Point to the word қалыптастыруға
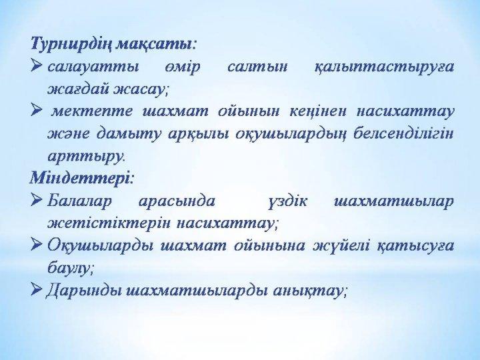click(384, 67)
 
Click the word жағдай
click(78, 89)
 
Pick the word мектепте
click(92, 111)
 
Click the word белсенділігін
click(403, 134)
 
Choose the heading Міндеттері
click(81, 178)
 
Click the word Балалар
click(79, 201)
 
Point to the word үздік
click(287, 202)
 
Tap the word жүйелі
click(341, 247)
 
